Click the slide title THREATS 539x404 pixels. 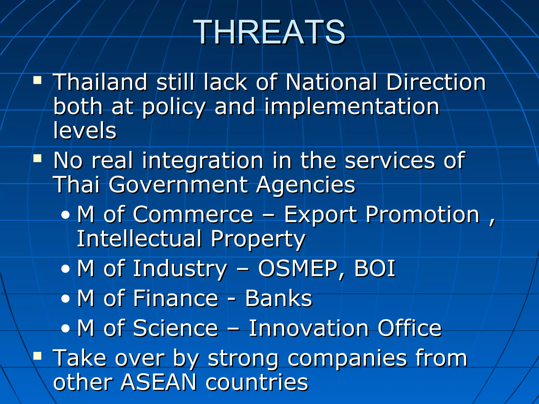click(269, 32)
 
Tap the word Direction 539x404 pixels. click(436, 82)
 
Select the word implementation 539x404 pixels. click(352, 107)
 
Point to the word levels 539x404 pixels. click(84, 130)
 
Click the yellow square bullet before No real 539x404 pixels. click(37, 158)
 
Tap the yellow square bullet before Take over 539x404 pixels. click(37, 356)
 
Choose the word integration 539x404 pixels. click(202, 161)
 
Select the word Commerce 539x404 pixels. click(193, 215)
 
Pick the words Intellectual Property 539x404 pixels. click(191, 239)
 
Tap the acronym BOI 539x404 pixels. click(375, 269)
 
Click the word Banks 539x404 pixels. click(278, 299)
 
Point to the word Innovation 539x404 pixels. click(308, 328)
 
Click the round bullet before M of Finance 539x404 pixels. click(65, 299)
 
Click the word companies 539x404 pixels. click(347, 358)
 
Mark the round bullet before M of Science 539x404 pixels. click(65, 329)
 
